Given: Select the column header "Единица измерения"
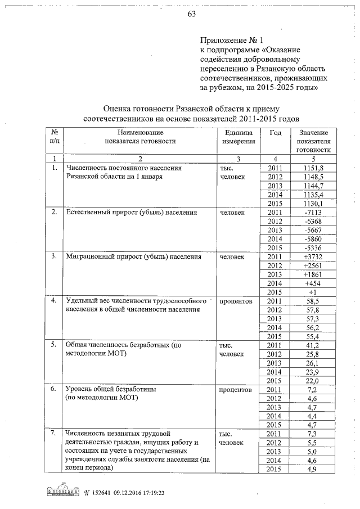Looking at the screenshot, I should tap(238, 137).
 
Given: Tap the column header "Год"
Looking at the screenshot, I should tap(275, 132).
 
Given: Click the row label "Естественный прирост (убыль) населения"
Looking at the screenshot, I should tap(132, 213).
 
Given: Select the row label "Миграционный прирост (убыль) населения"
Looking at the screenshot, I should tap(133, 257).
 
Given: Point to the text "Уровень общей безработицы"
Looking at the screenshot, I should tap(111, 389).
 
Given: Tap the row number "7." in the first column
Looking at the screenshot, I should tap(53, 433).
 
